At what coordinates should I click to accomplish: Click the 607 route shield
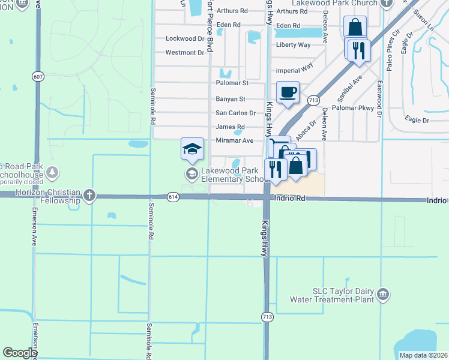coord(38,76)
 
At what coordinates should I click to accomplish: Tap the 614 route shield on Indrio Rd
coord(173,196)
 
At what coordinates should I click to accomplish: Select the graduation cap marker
coord(192,149)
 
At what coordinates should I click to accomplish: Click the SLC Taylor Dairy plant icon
coord(383,295)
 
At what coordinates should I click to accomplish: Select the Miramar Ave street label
coord(234,140)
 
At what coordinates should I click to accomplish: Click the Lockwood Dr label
coord(185,38)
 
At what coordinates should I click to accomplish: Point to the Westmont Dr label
coord(185,53)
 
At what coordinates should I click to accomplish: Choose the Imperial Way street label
coord(295,70)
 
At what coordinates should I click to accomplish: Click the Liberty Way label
coord(294,45)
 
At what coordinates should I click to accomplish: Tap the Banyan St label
coord(231,99)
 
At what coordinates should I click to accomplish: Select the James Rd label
coord(231,127)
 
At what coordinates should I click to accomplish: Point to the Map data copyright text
coord(423,355)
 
